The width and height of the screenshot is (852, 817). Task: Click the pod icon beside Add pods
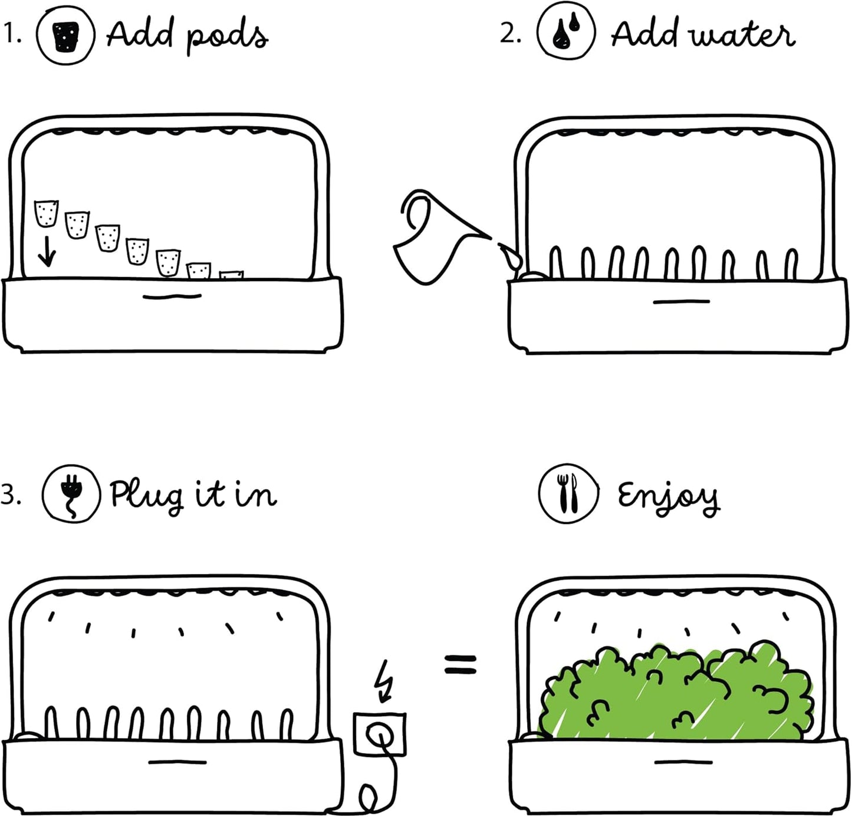[65, 34]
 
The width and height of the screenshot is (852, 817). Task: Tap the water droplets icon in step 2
[566, 32]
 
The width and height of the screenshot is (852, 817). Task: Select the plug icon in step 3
[71, 494]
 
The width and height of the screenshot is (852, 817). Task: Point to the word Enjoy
[669, 496]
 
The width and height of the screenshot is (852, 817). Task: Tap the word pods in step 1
[228, 37]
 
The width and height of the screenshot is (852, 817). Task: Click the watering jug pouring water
[435, 236]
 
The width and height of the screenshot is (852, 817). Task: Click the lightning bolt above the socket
[384, 681]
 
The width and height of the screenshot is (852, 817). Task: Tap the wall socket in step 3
[379, 734]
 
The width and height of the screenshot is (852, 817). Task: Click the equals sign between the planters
[460, 665]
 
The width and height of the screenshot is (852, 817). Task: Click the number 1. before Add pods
[12, 34]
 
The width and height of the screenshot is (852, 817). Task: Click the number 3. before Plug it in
[11, 495]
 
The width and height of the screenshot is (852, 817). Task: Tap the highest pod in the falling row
[47, 213]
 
